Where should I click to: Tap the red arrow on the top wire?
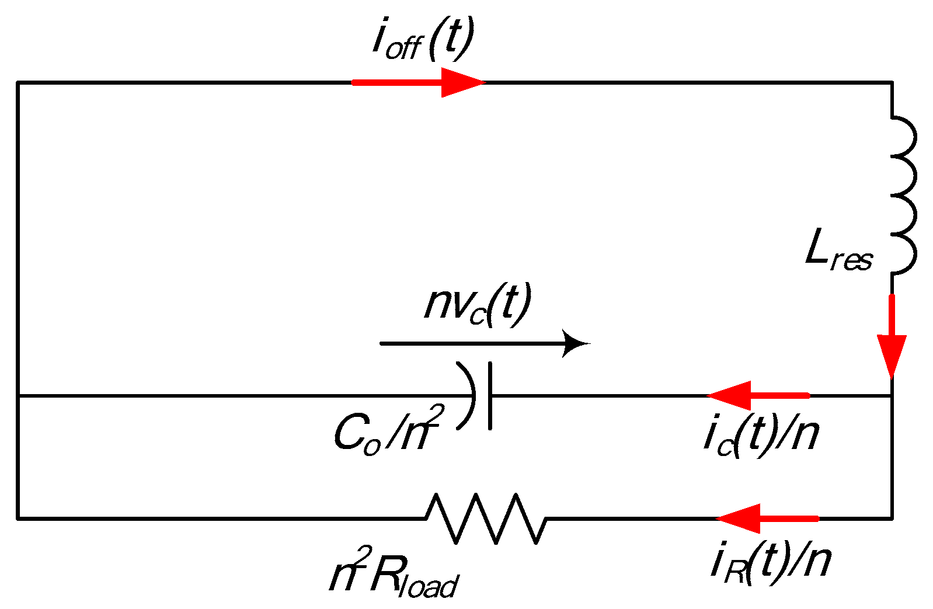pos(419,82)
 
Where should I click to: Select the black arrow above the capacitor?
pos(485,343)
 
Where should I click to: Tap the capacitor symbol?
pos(479,396)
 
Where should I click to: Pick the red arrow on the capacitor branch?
pos(758,395)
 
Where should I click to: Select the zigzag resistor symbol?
pos(486,518)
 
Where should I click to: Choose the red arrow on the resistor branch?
pos(767,518)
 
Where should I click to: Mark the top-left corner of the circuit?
pos(18,83)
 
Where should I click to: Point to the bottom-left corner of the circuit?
pos(18,518)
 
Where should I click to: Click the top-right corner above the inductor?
pos(892,83)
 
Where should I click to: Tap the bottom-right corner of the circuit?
pos(892,518)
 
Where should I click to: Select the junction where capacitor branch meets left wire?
pos(18,396)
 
